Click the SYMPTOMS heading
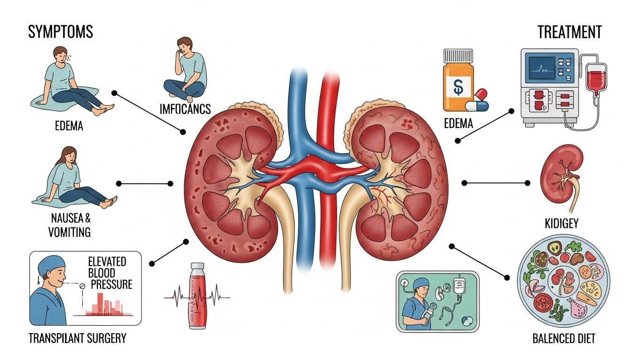[60, 32]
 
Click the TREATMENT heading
[569, 32]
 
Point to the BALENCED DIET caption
[564, 338]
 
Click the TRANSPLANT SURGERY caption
[77, 338]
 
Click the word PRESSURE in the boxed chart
[112, 284]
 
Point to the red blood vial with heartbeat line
[197, 295]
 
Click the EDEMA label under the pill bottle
[458, 124]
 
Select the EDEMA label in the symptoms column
[68, 126]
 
